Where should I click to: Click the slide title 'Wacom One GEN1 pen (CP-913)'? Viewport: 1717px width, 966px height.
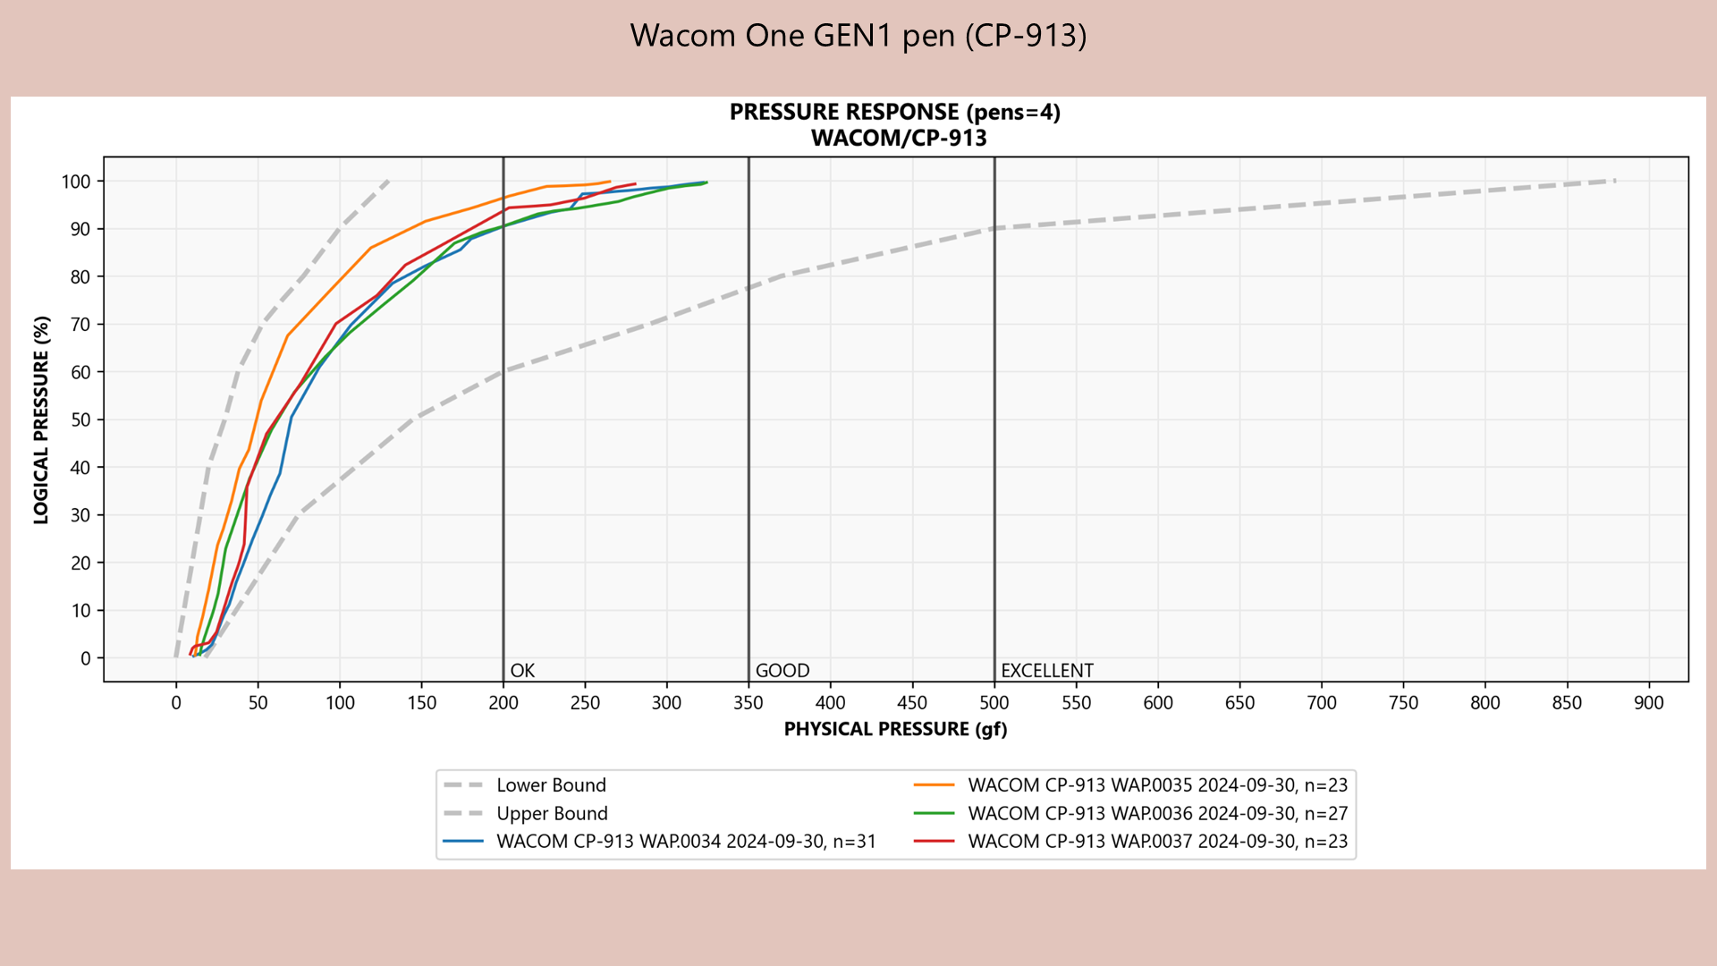point(858,36)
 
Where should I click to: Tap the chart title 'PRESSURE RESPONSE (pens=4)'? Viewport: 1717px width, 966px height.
point(894,112)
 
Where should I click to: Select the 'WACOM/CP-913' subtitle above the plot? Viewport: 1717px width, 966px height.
point(898,139)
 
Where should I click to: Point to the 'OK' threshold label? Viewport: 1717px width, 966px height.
point(522,671)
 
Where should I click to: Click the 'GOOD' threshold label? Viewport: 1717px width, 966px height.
point(782,671)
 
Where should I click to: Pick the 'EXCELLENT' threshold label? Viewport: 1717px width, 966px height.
point(1046,671)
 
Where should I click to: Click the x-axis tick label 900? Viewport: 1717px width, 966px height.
point(1648,703)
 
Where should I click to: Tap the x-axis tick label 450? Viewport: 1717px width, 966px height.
point(912,703)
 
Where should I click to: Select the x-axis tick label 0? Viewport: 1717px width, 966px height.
point(176,703)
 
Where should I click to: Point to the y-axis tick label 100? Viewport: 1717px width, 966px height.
point(76,182)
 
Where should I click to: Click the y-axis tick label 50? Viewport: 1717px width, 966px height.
point(80,419)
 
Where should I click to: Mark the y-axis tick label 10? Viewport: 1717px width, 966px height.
point(80,611)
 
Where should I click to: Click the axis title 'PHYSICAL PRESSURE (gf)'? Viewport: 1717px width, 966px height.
point(895,729)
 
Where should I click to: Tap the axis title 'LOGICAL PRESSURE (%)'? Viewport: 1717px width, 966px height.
point(41,419)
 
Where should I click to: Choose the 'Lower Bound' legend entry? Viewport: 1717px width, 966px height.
point(551,785)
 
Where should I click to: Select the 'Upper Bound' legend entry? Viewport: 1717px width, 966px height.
point(552,814)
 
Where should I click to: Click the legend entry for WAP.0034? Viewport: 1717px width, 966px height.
point(686,842)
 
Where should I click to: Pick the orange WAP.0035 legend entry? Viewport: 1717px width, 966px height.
point(1157,785)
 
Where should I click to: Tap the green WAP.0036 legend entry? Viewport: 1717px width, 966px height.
point(1157,814)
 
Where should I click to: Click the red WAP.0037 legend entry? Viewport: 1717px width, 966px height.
point(1157,842)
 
